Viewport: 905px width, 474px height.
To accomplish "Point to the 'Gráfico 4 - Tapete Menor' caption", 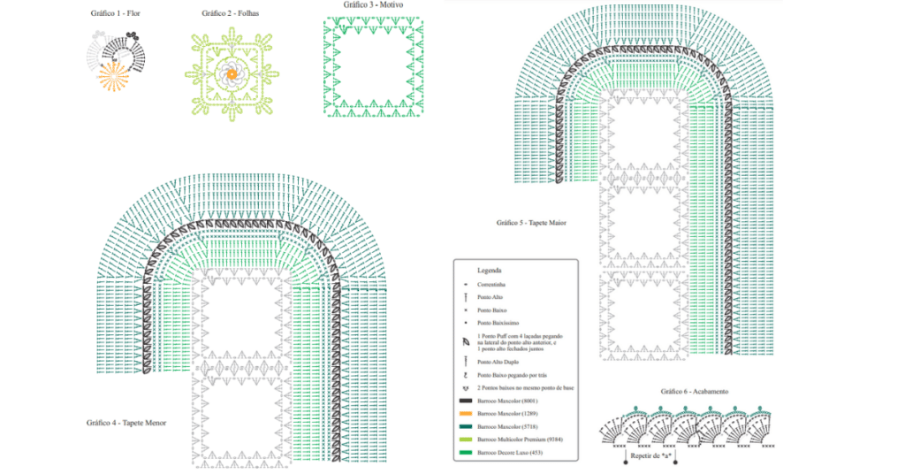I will [x=126, y=423].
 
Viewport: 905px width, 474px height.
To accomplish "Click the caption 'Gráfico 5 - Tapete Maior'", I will [x=531, y=222].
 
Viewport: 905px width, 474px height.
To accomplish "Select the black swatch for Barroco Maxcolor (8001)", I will [x=466, y=401].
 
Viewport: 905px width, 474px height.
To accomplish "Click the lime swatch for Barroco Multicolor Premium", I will [x=466, y=440].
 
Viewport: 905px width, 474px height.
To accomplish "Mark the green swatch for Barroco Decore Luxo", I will [x=466, y=453].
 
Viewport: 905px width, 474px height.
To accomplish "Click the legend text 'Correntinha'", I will [x=493, y=283].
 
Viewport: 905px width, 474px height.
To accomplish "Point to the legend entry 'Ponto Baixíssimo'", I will [x=498, y=324].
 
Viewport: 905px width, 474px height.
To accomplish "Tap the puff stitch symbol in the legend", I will [x=466, y=341].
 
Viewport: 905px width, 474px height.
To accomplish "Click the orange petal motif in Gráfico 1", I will [x=110, y=78].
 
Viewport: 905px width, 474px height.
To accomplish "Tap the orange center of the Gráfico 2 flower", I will [x=232, y=74].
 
